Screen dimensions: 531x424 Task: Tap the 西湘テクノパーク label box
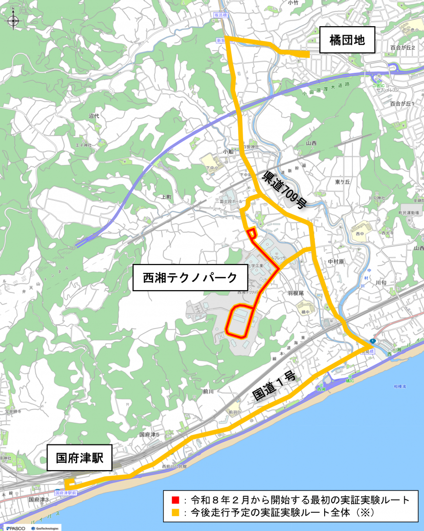(190, 278)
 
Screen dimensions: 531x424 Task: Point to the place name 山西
(311, 143)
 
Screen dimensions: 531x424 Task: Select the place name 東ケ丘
(342, 182)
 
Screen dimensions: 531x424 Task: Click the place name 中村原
(336, 261)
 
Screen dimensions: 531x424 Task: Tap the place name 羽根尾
(296, 293)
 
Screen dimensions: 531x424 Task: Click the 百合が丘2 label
(402, 47)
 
